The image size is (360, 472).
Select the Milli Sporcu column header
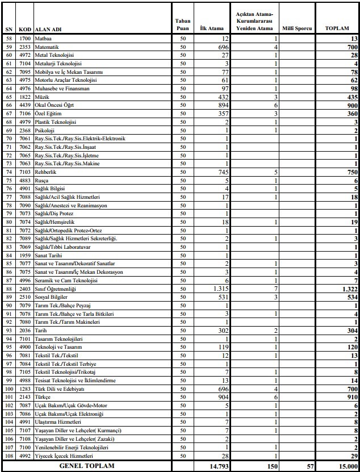297,27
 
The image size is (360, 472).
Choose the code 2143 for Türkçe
25,398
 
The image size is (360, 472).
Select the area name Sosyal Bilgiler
51,296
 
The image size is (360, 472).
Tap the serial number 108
8,456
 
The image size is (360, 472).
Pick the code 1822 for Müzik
25,97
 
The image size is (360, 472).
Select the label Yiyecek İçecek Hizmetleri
63,456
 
